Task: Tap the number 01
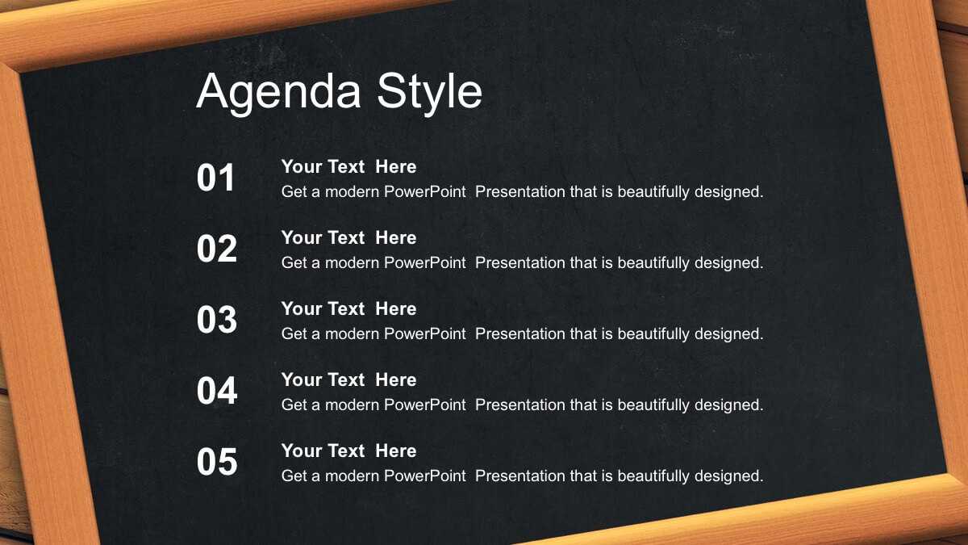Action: point(215,178)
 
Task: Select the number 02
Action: point(217,249)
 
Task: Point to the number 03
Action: point(217,319)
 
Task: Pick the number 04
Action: point(217,391)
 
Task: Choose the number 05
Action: point(217,462)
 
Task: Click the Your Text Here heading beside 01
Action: point(348,166)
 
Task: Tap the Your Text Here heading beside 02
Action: point(348,237)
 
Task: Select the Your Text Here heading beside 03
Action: point(348,308)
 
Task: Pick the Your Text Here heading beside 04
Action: point(348,379)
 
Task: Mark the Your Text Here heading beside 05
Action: point(348,451)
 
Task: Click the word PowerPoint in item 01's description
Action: point(425,191)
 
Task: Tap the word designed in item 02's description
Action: point(728,263)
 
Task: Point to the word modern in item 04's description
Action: point(352,405)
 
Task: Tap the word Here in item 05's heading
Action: point(396,451)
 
